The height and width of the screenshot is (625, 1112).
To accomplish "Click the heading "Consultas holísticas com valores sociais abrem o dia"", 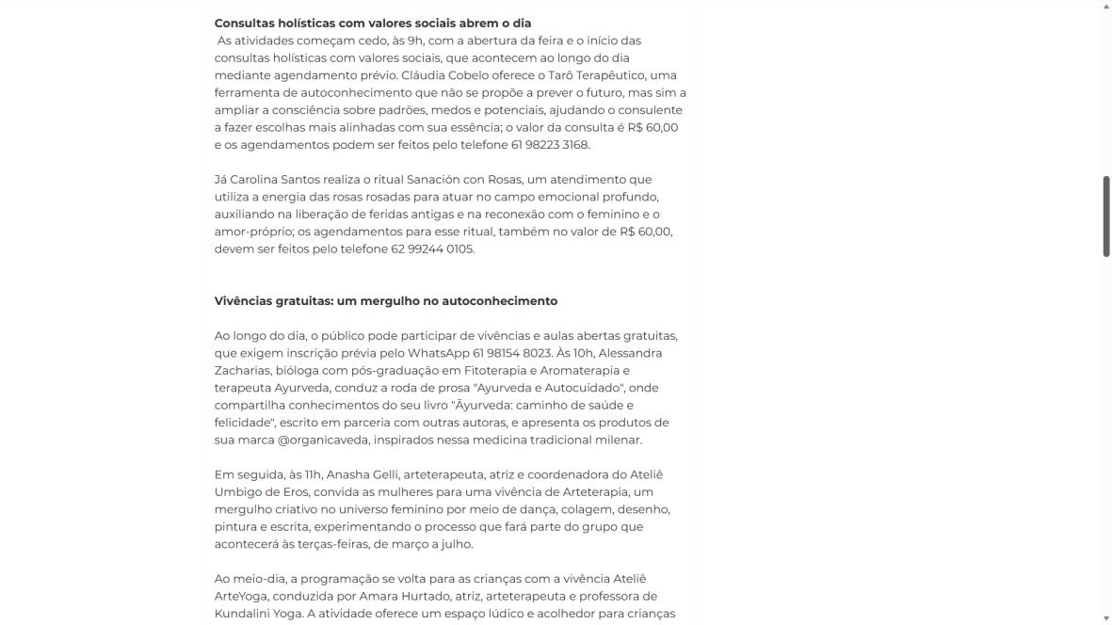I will (373, 23).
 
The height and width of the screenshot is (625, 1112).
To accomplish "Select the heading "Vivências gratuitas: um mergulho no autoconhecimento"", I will (386, 301).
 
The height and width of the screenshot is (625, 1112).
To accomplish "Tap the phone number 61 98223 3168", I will (550, 145).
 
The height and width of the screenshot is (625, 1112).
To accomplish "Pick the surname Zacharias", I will (242, 371).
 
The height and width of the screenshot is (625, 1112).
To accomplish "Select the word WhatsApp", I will (438, 353).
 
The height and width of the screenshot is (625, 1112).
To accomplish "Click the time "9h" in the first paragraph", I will (415, 40).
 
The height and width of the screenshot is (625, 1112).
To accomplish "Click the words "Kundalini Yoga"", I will (259, 614).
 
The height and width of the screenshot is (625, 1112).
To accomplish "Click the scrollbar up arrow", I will (1106, 6).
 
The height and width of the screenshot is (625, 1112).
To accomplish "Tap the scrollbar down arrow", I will (1106, 618).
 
